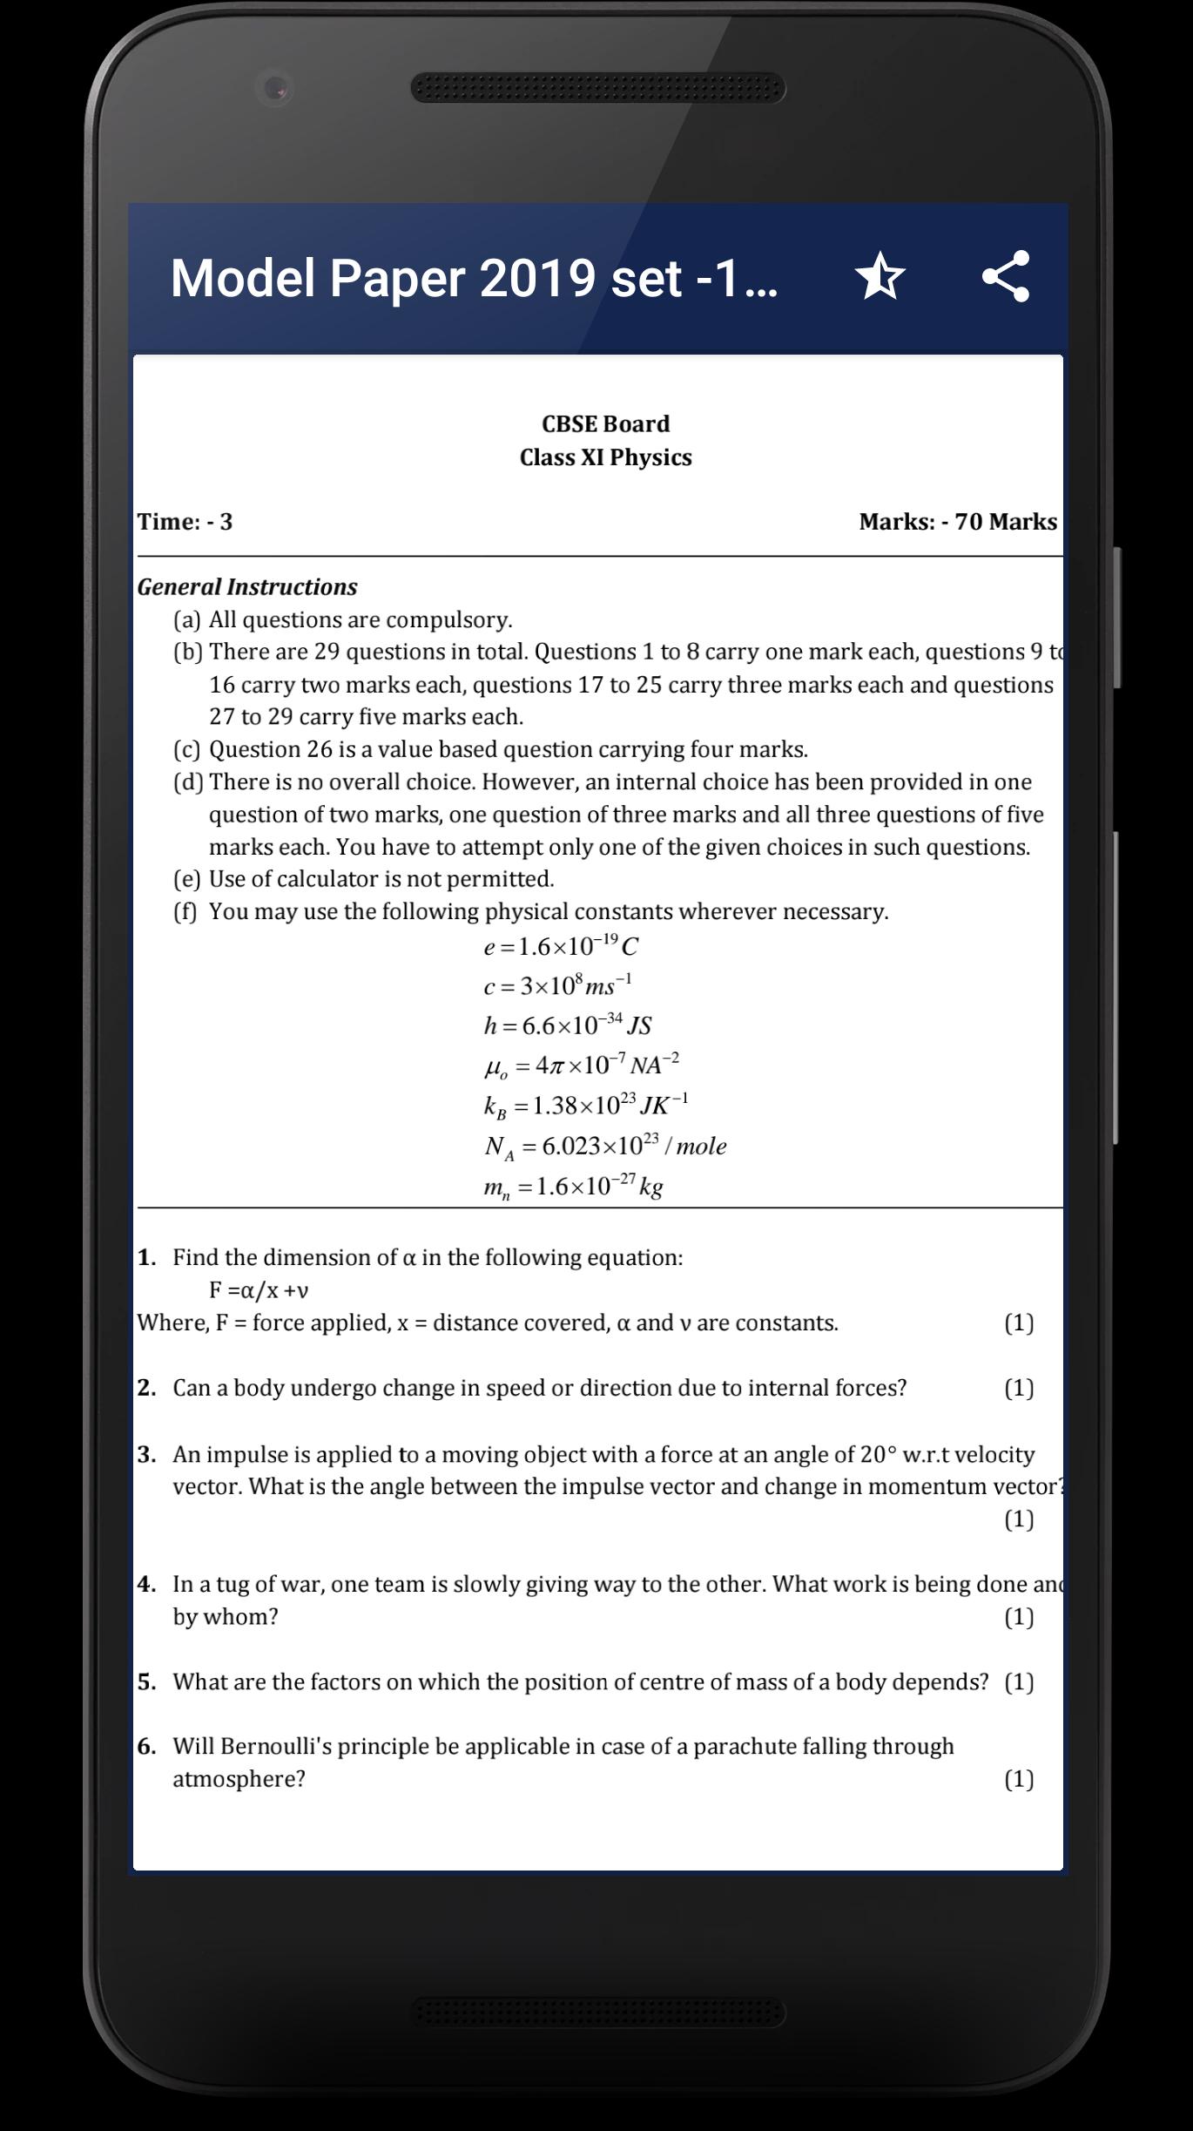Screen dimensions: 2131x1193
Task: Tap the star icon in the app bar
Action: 880,276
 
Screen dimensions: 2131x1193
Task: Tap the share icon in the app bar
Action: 1006,276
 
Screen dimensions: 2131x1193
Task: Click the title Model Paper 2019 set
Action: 474,278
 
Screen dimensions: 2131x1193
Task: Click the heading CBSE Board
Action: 605,424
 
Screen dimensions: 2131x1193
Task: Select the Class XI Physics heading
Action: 605,457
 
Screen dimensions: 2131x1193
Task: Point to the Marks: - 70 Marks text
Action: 957,522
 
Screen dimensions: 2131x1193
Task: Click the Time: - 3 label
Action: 185,522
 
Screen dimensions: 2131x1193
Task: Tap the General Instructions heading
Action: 247,587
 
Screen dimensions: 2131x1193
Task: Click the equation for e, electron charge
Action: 561,946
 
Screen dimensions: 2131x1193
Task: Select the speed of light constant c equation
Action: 557,985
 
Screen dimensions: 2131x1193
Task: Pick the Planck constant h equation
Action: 567,1025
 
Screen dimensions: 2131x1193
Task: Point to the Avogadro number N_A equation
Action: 605,1147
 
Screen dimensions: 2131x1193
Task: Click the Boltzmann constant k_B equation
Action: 585,1106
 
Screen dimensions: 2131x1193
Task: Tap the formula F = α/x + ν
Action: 259,1290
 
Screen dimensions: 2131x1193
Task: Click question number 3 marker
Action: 147,1454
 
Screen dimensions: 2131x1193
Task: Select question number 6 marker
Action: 147,1746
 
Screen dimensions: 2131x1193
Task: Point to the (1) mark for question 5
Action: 1019,1681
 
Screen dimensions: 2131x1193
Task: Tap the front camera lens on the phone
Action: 276,88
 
